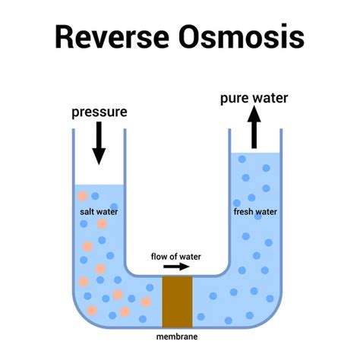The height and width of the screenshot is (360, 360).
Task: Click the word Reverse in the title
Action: point(112,36)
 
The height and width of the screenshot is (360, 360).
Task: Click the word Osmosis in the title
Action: point(242,36)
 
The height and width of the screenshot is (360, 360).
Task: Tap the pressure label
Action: point(99,112)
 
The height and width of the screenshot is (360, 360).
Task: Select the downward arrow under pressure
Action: point(99,143)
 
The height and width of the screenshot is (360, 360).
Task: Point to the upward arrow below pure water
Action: point(254,127)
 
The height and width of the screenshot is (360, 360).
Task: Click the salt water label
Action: point(99,212)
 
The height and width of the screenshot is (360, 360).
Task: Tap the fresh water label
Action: point(255,212)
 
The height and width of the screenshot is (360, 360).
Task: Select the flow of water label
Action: point(175,257)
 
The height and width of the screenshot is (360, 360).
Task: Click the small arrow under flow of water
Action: point(176,267)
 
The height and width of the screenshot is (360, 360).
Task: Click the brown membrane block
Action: point(177,302)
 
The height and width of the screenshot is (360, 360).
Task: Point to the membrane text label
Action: point(177,336)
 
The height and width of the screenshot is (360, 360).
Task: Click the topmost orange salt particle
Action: point(83,196)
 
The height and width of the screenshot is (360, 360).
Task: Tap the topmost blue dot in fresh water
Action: point(242,159)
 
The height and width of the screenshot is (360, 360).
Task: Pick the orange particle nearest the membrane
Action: point(146,302)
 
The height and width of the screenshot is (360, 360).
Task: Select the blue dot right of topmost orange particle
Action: point(95,196)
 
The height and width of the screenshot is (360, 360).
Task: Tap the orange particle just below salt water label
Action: point(102,224)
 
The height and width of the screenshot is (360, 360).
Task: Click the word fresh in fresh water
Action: point(244,212)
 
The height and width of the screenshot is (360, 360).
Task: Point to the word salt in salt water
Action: point(87,212)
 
